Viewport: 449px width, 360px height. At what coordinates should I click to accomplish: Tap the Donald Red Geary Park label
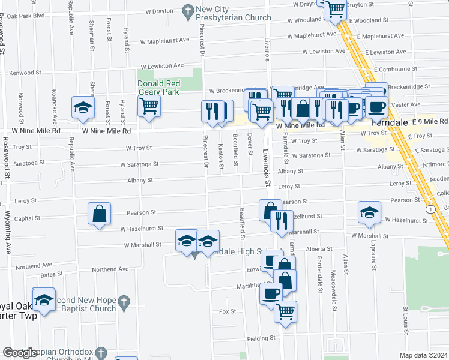click(158, 88)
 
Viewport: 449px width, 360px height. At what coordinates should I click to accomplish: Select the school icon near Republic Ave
click(83, 108)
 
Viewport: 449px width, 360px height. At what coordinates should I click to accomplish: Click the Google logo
click(20, 353)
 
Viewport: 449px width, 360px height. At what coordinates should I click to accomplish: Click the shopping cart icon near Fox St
click(286, 311)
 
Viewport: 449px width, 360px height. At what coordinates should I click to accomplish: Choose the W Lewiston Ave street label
click(162, 65)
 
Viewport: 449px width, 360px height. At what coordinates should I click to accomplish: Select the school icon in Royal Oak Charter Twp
click(44, 299)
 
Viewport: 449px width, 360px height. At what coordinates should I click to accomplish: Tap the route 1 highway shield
click(431, 209)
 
